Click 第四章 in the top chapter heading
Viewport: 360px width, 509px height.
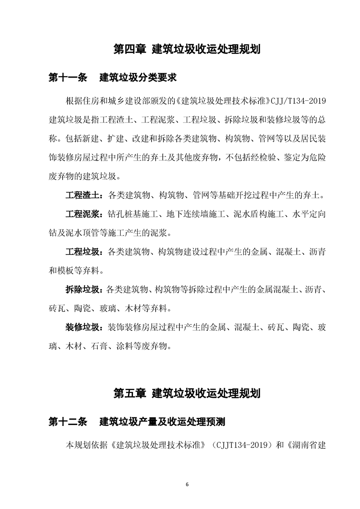(x=129, y=49)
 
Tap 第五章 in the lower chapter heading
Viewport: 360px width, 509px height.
(x=129, y=392)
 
